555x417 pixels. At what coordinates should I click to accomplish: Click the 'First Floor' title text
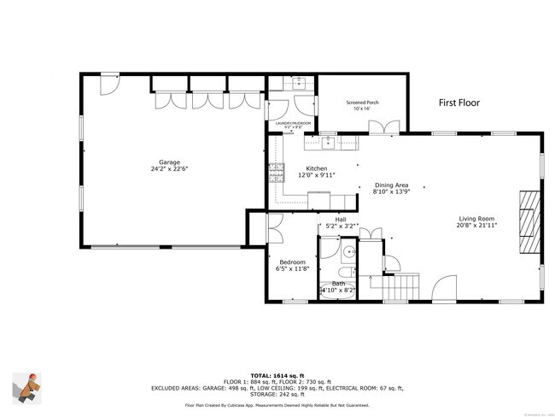[x=459, y=103]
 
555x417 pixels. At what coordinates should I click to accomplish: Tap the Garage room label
[x=168, y=162]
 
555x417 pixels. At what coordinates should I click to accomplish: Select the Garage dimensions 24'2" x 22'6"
[x=168, y=169]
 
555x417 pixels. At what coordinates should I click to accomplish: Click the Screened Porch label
[x=362, y=103]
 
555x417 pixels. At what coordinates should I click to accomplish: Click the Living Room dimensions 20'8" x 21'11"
[x=475, y=226]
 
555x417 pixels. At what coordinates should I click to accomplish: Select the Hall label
[x=341, y=219]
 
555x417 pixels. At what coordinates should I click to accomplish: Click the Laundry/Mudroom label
[x=291, y=123]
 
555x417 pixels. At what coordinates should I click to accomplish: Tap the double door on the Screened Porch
[x=383, y=127]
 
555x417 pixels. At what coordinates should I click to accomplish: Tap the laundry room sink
[x=299, y=83]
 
